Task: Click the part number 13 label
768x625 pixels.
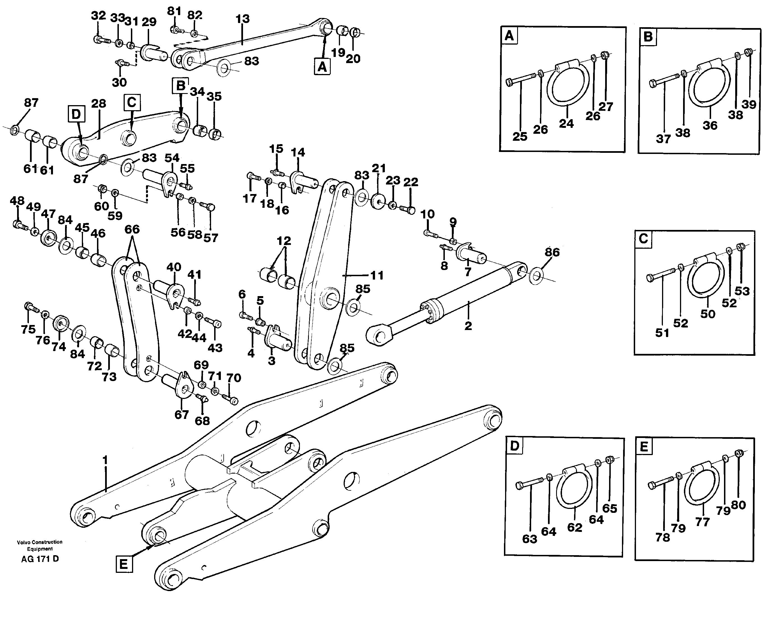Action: tap(242, 19)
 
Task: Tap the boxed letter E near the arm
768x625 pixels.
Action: tap(123, 564)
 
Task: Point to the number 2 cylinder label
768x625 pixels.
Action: tap(468, 326)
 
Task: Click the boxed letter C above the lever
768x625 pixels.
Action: tap(132, 102)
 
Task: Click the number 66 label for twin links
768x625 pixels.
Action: tap(132, 229)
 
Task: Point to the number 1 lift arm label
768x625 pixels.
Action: tap(105, 460)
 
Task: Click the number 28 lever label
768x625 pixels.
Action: tap(98, 104)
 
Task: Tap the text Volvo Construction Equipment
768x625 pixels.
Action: tap(40, 545)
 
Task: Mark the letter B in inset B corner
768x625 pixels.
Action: tap(648, 37)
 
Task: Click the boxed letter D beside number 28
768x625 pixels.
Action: tap(76, 114)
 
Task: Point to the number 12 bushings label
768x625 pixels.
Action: tap(284, 241)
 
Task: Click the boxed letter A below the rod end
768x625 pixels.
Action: tap(322, 67)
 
